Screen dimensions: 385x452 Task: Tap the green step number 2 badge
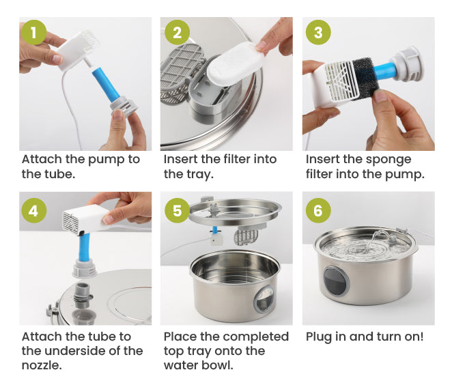[177, 33]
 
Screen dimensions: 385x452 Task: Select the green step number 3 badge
[317, 33]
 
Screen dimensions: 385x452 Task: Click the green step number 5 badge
[177, 210]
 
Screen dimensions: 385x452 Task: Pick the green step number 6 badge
[317, 210]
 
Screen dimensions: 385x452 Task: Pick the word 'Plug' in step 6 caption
[320, 337]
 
